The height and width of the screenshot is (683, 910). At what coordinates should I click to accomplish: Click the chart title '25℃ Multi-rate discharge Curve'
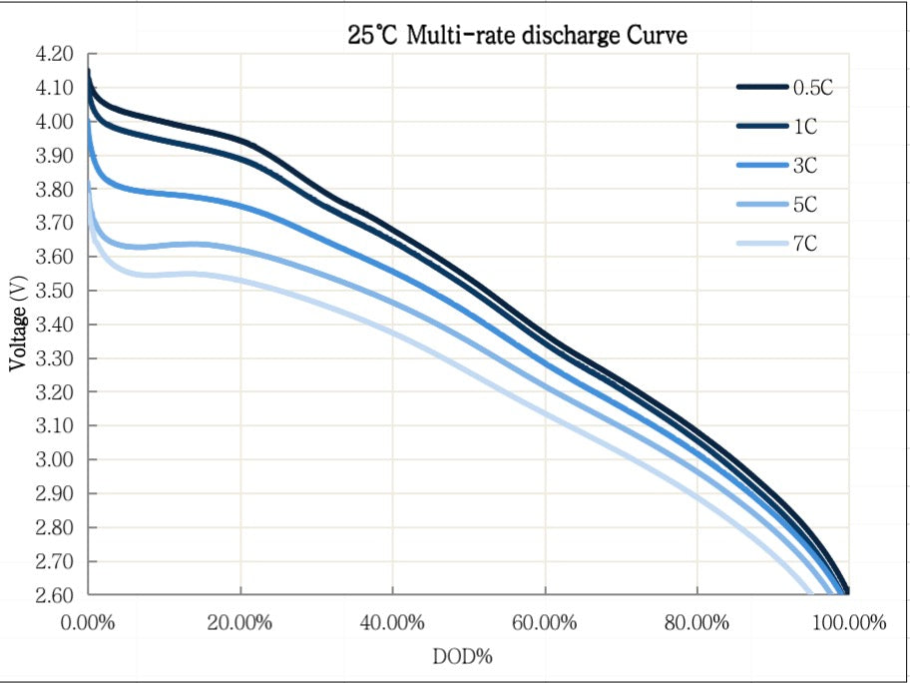click(518, 36)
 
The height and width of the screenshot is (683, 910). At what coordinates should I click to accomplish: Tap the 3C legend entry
click(805, 165)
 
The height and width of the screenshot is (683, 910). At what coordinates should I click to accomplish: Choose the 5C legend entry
click(805, 205)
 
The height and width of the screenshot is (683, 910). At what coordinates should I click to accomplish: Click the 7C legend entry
click(805, 244)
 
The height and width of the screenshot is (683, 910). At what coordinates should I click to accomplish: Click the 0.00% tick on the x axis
click(88, 624)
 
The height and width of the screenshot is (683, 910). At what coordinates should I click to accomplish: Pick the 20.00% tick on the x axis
click(240, 624)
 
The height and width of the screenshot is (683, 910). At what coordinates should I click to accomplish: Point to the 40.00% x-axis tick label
click(392, 624)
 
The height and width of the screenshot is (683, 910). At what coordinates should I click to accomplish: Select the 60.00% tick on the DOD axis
click(544, 624)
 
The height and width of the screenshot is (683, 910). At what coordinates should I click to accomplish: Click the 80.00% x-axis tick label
click(695, 624)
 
